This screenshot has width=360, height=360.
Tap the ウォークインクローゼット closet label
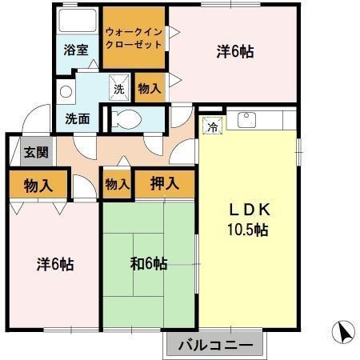pos(134,38)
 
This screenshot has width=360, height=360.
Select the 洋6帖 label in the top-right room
pos(235,52)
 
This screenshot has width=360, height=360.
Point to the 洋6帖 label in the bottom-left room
pos(54,264)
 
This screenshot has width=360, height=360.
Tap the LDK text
pos(248,210)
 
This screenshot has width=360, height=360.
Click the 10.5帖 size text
pos(248,230)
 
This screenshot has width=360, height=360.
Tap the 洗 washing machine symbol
pos(118,87)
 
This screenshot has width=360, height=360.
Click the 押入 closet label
pos(163,184)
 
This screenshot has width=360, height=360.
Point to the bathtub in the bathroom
pos(76,21)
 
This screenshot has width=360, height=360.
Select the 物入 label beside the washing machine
pos(149,87)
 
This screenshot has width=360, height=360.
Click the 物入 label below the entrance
pos(38,186)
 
